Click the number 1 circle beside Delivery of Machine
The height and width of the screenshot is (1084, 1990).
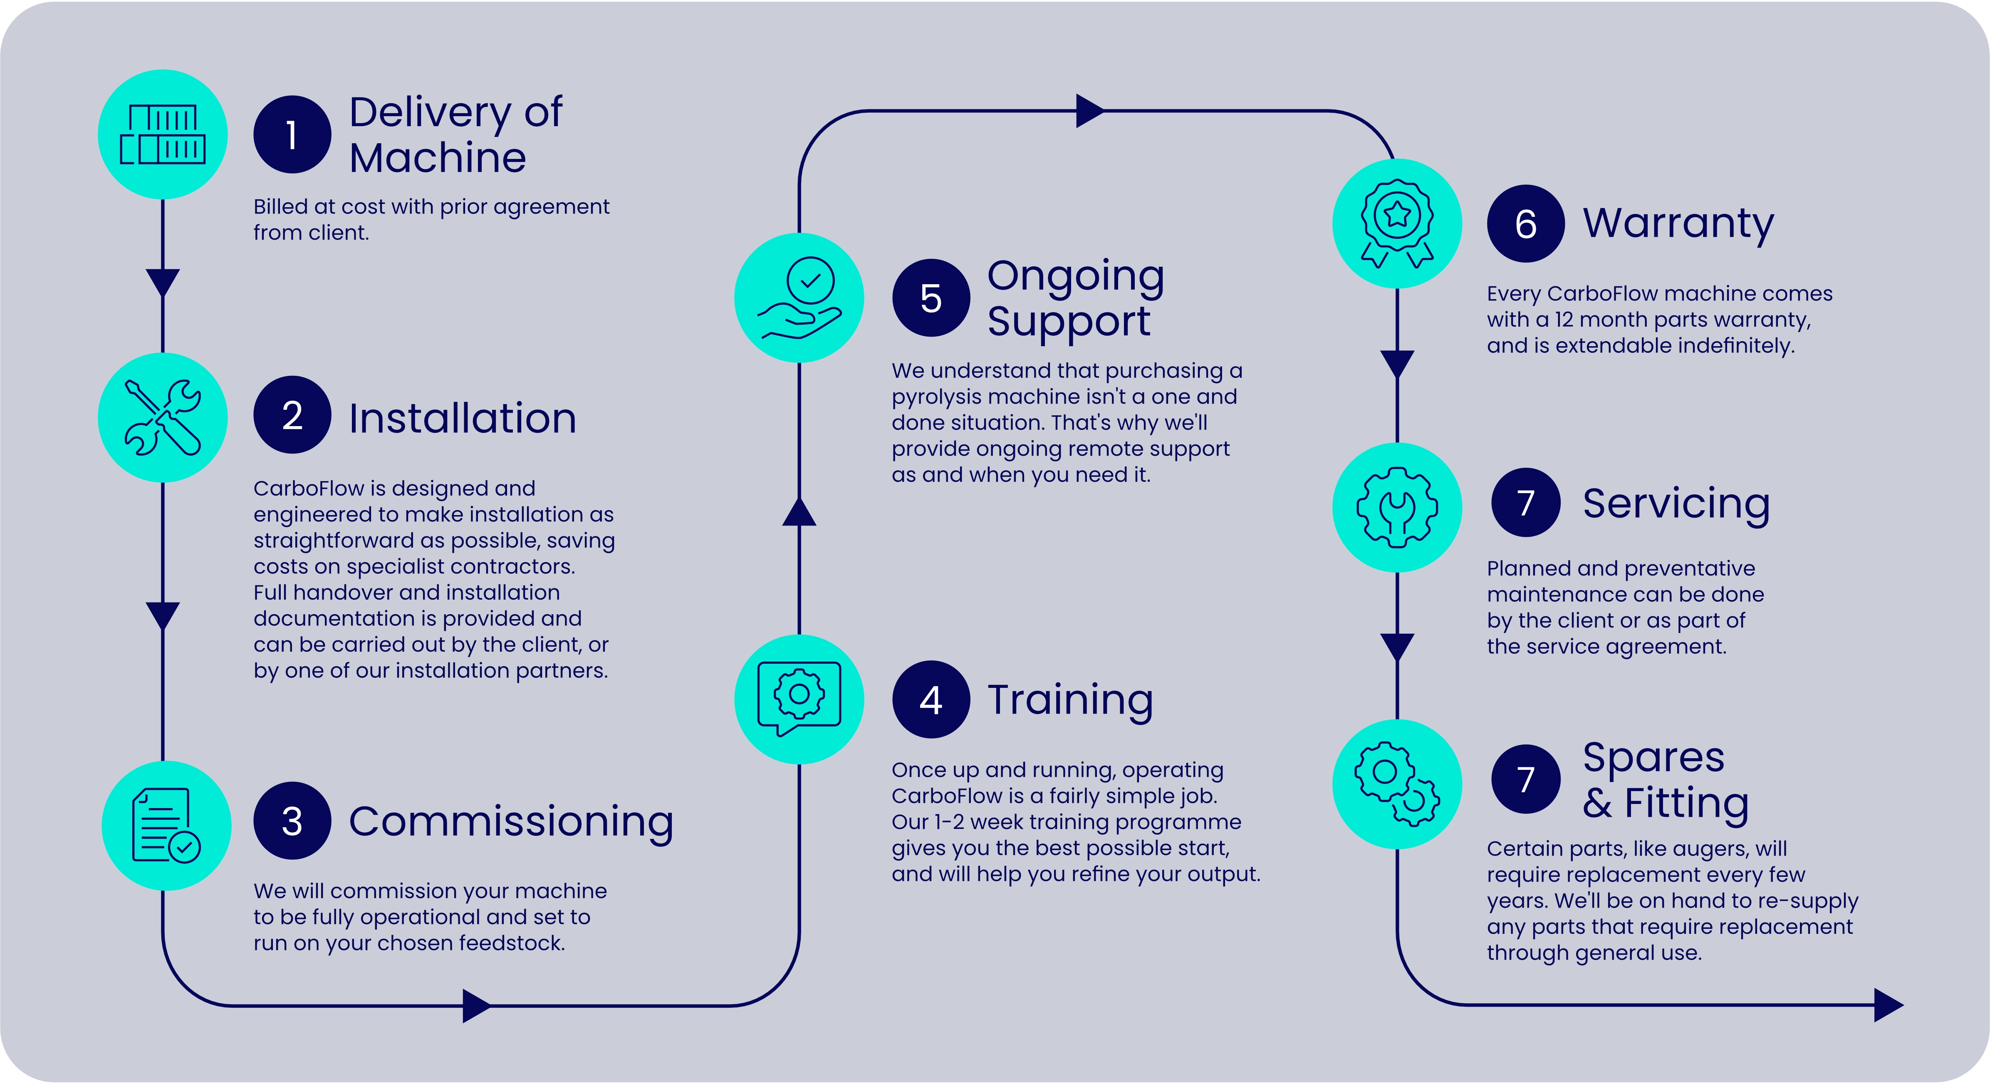click(x=292, y=134)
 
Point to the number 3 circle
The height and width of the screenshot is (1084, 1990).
click(x=292, y=821)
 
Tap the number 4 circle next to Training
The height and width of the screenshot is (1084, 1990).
click(x=931, y=699)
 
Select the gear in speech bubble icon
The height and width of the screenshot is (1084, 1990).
click(x=799, y=698)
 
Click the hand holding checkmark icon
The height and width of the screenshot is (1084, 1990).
click(x=799, y=298)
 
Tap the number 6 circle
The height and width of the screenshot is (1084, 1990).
click(x=1526, y=223)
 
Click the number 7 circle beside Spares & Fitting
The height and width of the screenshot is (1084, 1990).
click(x=1526, y=779)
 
